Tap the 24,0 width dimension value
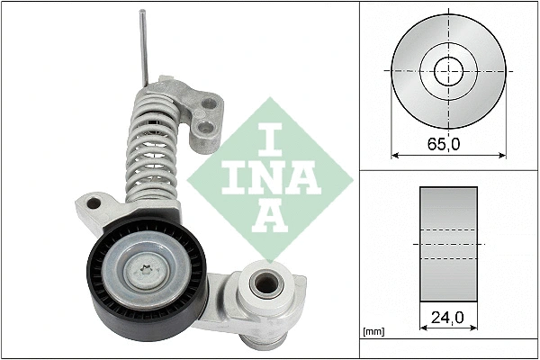pos(447,317)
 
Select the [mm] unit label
pos(372,333)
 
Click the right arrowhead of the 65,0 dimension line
pos(501,155)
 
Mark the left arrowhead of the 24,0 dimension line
pos(423,329)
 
